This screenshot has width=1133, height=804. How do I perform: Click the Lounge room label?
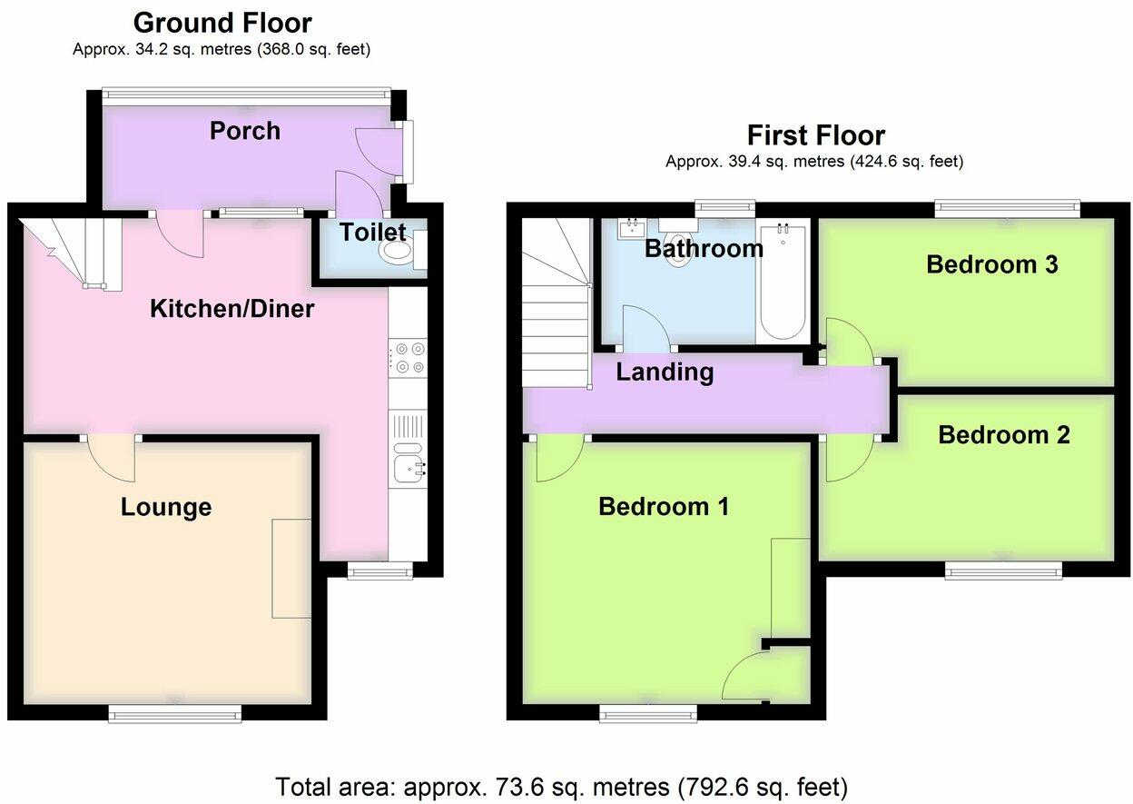pyautogui.click(x=166, y=507)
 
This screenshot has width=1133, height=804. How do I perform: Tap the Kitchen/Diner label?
pyautogui.click(x=232, y=308)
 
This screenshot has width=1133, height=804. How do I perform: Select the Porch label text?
pyautogui.click(x=245, y=131)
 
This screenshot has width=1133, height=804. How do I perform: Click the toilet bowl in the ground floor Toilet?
pyautogui.click(x=398, y=250)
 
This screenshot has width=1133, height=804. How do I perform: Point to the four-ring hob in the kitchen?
pyautogui.click(x=408, y=358)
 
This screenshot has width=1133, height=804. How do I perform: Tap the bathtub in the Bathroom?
pyautogui.click(x=783, y=282)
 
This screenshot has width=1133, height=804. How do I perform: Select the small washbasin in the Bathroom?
pyautogui.click(x=632, y=229)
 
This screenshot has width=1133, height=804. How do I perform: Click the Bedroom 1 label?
pyautogui.click(x=664, y=506)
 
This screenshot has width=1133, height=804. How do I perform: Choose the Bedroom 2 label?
pyautogui.click(x=1004, y=435)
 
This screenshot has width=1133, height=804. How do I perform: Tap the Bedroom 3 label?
pyautogui.click(x=992, y=264)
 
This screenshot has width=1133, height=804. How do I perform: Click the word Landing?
pyautogui.click(x=665, y=372)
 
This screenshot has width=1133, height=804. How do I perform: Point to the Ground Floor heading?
pyautogui.click(x=222, y=23)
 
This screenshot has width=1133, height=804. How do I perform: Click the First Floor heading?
pyautogui.click(x=816, y=135)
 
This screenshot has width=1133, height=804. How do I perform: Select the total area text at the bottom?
pyautogui.click(x=561, y=787)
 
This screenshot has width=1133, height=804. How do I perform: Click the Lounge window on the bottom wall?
pyautogui.click(x=175, y=715)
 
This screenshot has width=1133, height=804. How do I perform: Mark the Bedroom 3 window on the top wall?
pyautogui.click(x=1008, y=207)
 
